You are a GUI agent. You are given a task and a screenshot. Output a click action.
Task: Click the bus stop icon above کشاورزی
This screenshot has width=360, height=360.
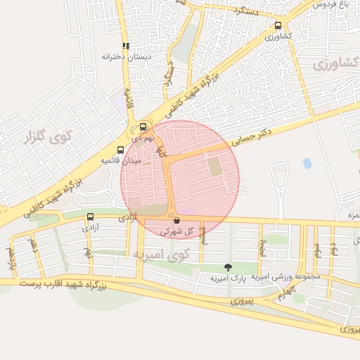click(278, 26)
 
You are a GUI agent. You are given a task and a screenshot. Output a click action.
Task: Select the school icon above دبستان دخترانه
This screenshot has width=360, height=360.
click(126, 46)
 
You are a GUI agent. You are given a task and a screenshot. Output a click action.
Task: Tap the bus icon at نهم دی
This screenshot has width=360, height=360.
click(143, 127)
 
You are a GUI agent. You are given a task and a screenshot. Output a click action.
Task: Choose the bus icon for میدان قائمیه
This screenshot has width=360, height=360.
click(120, 150)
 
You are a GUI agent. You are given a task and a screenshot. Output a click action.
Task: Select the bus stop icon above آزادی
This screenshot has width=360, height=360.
click(90, 217)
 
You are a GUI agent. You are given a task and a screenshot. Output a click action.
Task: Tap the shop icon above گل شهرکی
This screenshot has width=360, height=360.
click(175, 220)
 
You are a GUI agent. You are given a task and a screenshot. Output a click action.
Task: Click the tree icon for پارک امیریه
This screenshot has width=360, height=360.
click(227, 266)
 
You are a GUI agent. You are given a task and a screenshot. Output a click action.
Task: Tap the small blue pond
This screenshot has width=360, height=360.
click(307, 163)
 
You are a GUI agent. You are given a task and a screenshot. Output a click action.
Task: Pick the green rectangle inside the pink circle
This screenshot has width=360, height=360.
click(214, 167)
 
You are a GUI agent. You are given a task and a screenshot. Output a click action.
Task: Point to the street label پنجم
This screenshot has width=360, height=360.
click(262, 247)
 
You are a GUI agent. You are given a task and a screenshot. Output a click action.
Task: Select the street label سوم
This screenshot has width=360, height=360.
click(317, 249)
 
